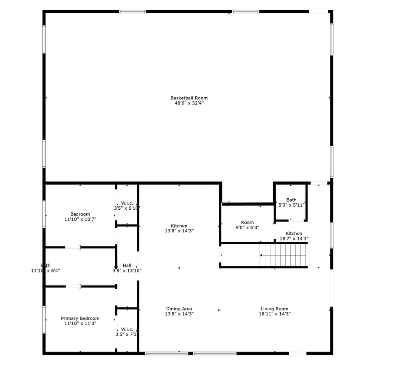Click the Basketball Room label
[x=189, y=98]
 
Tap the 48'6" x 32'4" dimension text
[x=189, y=103]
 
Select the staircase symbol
[x=283, y=255]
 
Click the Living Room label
[x=274, y=309]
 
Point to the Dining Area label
[x=179, y=309]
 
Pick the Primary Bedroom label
[x=80, y=318]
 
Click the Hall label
[x=127, y=266]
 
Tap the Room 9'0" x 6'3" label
[x=247, y=222]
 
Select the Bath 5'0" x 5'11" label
[x=291, y=200]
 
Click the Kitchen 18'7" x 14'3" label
[x=294, y=234]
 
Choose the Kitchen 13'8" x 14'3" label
[x=179, y=226]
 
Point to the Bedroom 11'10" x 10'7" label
[x=80, y=214]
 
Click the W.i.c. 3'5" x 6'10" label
[x=127, y=203]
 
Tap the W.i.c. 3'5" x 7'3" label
[x=127, y=329]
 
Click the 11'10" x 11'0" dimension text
[x=80, y=323]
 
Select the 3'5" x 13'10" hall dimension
[x=127, y=271]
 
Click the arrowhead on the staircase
[x=261, y=255]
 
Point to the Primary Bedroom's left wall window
[x=44, y=320]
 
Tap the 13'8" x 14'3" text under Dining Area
[x=179, y=314]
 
